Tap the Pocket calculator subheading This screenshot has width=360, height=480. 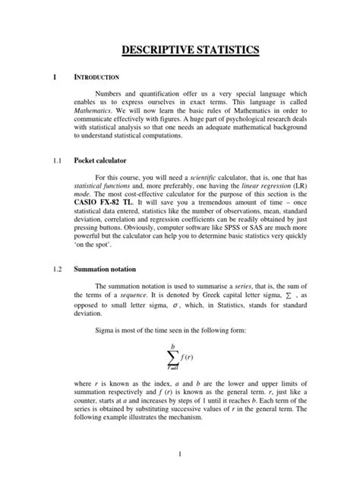(100, 162)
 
